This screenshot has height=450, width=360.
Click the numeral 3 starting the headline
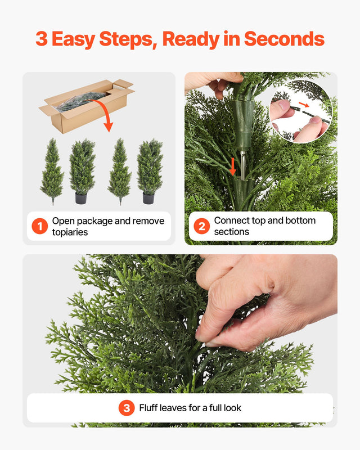click(41, 39)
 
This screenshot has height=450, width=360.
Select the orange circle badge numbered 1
click(39, 227)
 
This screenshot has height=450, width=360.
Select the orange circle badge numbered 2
click(201, 227)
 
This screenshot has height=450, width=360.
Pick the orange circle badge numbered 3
click(127, 408)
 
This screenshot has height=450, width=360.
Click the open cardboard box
click(84, 107)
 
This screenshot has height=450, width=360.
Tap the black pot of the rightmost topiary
click(148, 198)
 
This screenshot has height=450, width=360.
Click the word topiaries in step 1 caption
click(70, 232)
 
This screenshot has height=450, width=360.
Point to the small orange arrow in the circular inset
click(303, 105)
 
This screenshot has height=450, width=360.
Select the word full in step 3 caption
click(211, 408)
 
